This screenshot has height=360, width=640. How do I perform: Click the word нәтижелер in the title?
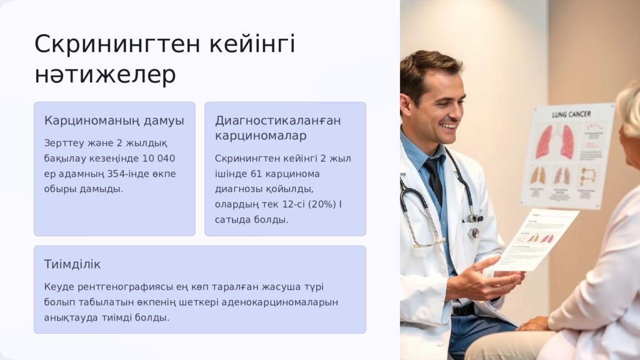[x=105, y=75]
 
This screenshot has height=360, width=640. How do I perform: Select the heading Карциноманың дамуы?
[x=114, y=121]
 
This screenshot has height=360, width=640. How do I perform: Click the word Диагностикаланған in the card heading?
[x=277, y=121]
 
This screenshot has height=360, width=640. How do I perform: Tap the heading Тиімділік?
[x=72, y=264]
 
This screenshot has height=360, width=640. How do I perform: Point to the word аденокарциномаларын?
[x=284, y=302]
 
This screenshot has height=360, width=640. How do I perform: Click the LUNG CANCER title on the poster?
[x=571, y=115]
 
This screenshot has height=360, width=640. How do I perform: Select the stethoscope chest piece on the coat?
[x=474, y=233]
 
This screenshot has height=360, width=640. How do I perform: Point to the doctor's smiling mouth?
[x=448, y=126]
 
